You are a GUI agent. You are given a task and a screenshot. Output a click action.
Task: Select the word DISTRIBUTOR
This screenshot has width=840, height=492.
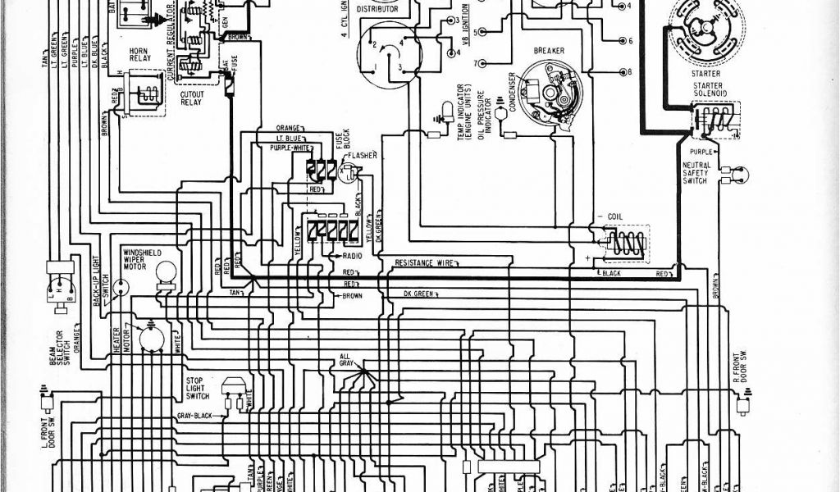coord(377,8)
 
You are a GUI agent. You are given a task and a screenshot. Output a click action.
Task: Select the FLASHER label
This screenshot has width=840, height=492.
coord(361,155)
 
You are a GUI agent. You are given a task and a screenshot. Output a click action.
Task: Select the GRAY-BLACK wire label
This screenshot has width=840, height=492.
coord(194,416)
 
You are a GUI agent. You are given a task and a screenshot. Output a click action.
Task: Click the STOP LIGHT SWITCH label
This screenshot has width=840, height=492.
coord(197,388)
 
